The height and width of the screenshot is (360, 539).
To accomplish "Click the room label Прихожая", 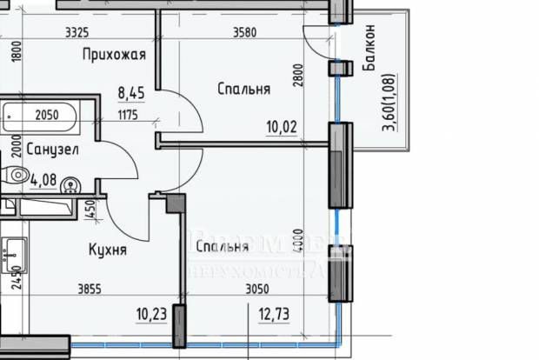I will coord(113,56).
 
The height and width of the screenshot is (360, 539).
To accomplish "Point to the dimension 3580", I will coord(249,33).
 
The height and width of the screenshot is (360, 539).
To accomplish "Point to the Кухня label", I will coord(108,250).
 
